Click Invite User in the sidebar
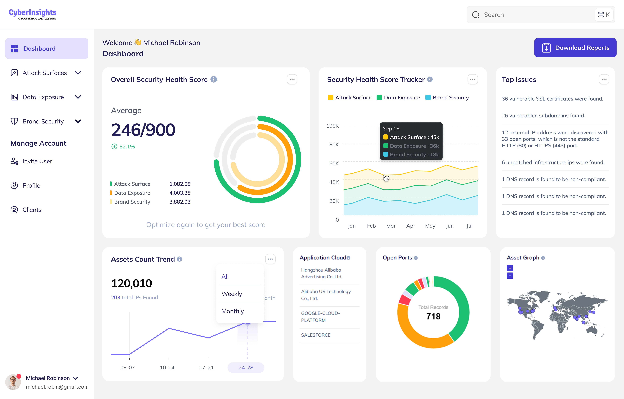tap(37, 161)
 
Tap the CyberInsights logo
tap(33, 14)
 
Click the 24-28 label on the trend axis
tap(246, 367)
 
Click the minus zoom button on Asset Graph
tap(510, 276)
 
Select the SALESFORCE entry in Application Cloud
tap(316, 335)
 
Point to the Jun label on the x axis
tap(450, 226)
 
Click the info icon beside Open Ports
tap(416, 258)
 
